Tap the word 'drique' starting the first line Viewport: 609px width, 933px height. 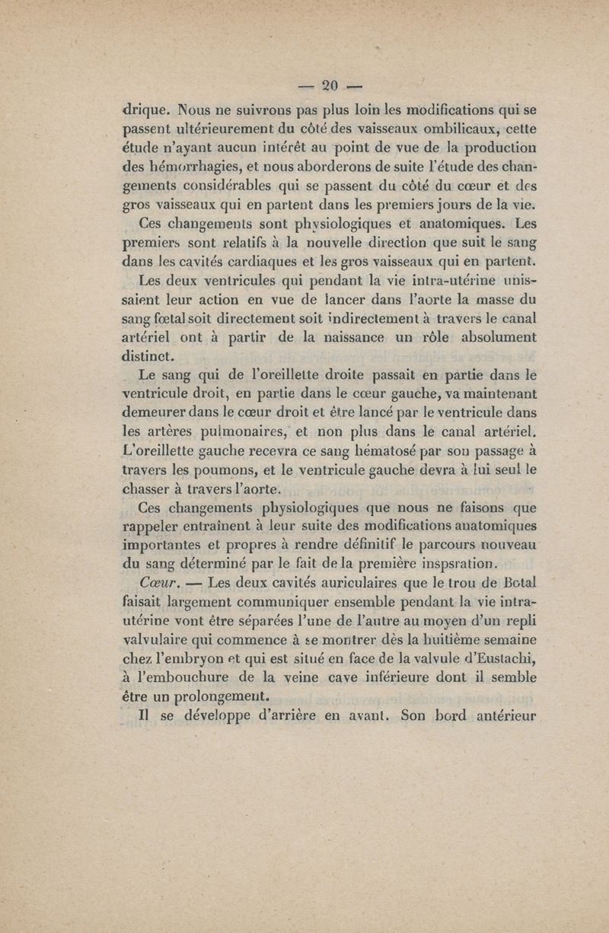[x=148, y=110]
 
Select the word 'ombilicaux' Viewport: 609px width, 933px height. [x=440, y=129]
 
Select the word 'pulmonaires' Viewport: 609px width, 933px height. [x=233, y=432]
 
